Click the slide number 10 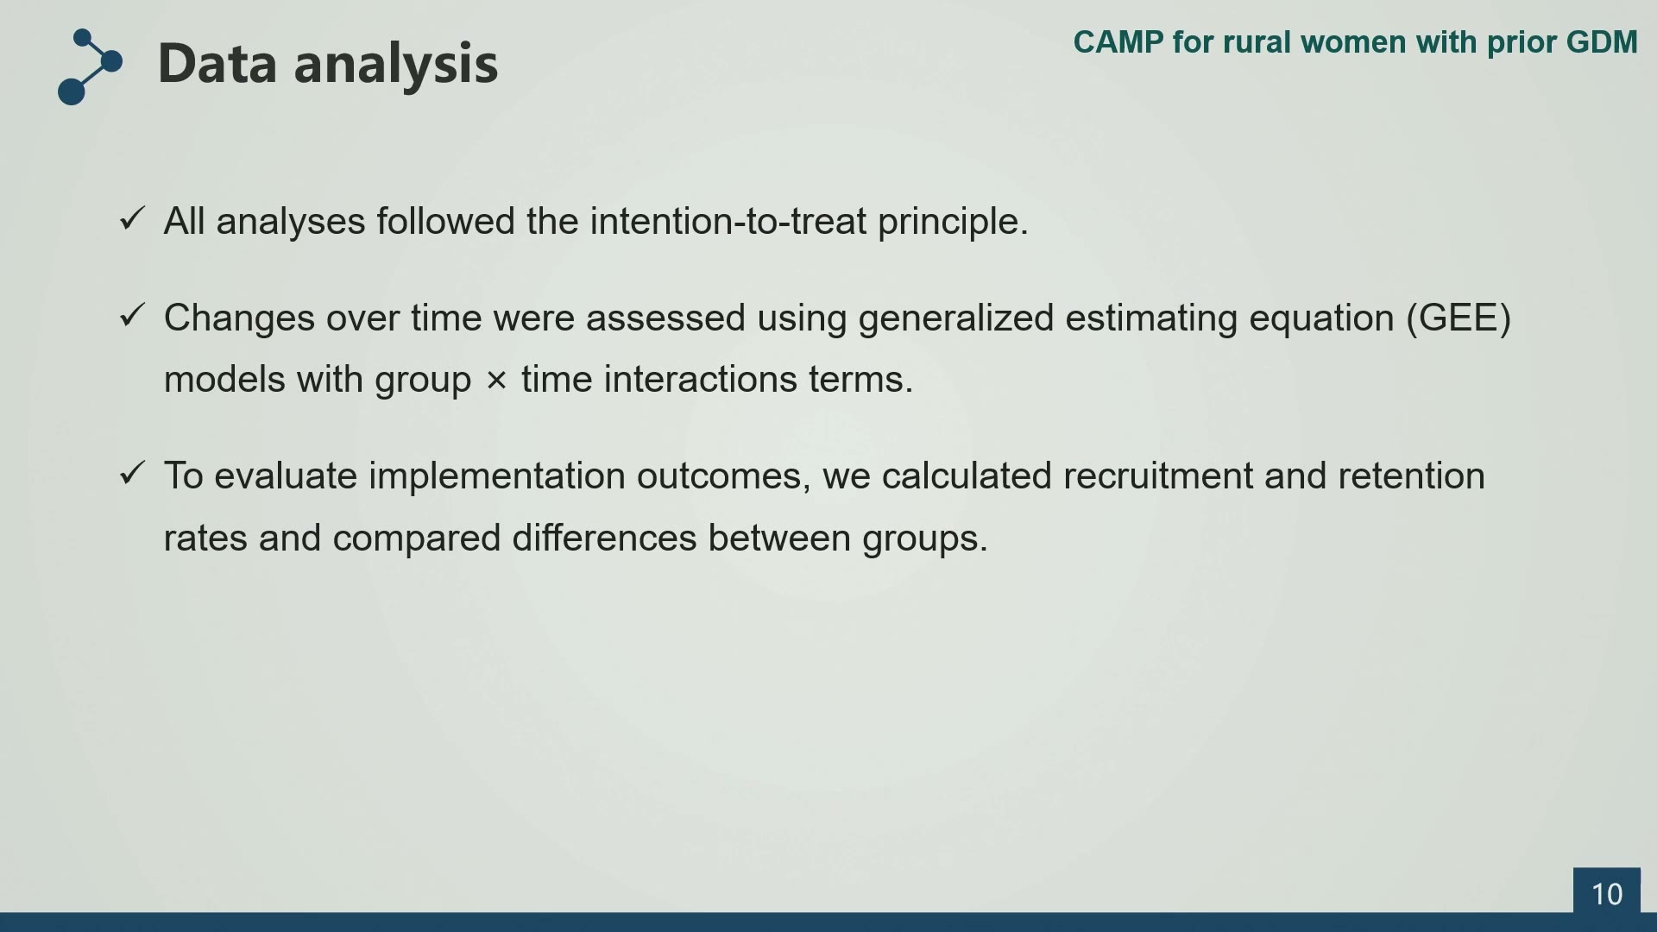tap(1606, 894)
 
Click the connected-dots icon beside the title tap(90, 66)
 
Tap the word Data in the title tap(219, 63)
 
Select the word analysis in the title tap(396, 66)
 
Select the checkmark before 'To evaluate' tap(132, 473)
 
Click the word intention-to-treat tap(728, 221)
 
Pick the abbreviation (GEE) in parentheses tap(1459, 318)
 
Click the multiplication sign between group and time tap(496, 380)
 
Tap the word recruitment tap(1158, 476)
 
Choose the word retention tap(1411, 476)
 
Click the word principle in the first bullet tap(953, 223)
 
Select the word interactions tap(700, 380)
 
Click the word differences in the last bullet tap(604, 538)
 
